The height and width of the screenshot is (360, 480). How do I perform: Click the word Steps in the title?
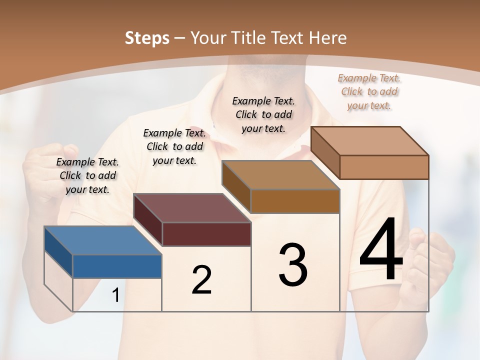tap(147, 38)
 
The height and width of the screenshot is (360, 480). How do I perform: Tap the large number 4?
tap(381, 250)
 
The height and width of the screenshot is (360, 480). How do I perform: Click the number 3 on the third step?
tap(293, 265)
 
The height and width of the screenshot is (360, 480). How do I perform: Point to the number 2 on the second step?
tap(201, 280)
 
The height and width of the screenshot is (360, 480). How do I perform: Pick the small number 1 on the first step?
tap(115, 295)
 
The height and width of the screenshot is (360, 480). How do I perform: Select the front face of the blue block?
tap(117, 266)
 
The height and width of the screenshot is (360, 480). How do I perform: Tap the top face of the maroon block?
tap(192, 208)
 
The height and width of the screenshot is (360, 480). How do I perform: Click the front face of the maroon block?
tap(206, 234)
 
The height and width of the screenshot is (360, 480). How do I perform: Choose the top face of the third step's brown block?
tap(280, 175)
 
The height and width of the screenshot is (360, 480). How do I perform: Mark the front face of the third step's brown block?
tap(295, 201)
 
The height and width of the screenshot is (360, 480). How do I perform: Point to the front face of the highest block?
tap(384, 167)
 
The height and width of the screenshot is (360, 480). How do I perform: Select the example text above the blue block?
tap(87, 175)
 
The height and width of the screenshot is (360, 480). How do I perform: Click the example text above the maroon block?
tap(174, 146)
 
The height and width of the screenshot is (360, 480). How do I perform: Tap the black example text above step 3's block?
tap(263, 114)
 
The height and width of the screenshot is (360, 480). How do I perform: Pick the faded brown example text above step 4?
tap(369, 91)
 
